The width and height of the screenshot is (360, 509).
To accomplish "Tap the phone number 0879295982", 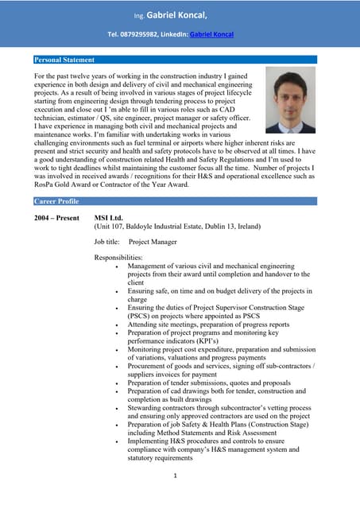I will tap(137, 35).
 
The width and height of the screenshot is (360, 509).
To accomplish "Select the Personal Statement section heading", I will tap(64, 60).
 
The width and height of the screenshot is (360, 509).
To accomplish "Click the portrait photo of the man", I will tap(290, 99).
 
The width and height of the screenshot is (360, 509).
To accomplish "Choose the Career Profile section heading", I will tap(56, 201).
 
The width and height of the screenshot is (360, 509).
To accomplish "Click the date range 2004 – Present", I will tap(56, 217).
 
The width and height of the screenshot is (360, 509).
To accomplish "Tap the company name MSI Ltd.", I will tap(109, 217).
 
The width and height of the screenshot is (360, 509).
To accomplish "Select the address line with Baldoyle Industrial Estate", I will tap(177, 226).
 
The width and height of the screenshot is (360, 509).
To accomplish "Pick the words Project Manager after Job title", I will tap(153, 242).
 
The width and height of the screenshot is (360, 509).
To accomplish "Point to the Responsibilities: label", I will tap(118, 258).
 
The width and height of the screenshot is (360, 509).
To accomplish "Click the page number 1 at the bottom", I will tap(174, 476).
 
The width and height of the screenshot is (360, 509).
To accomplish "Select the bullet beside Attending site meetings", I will tap(118, 324).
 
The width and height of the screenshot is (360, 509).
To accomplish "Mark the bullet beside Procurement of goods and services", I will tap(118, 366).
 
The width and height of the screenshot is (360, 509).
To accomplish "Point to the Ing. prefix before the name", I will tap(139, 16).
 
